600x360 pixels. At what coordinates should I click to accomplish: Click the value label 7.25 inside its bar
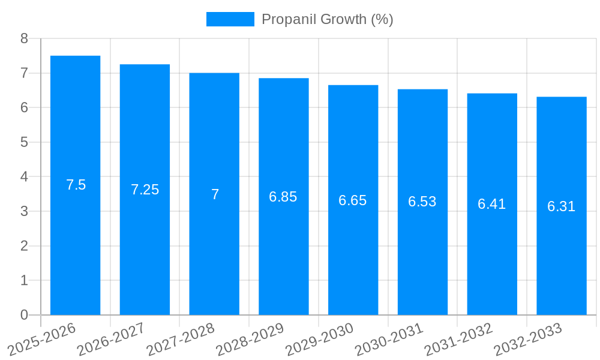[x=145, y=190]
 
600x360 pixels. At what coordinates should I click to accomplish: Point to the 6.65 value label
[x=352, y=200]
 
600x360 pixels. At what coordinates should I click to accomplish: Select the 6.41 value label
[x=491, y=204]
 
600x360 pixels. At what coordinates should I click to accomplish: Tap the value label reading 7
[x=215, y=194]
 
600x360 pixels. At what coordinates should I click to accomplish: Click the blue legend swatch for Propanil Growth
[x=230, y=19]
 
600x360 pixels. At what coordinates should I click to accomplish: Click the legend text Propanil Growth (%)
[x=327, y=19]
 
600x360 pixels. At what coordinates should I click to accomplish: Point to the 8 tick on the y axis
[x=24, y=38]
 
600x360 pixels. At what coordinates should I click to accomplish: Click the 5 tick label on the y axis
[x=24, y=142]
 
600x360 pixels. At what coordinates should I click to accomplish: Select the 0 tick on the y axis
[x=24, y=315]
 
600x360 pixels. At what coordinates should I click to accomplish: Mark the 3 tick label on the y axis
[x=24, y=211]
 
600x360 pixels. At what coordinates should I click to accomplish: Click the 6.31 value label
[x=561, y=206]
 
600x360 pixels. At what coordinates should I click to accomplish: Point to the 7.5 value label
[x=76, y=185]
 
